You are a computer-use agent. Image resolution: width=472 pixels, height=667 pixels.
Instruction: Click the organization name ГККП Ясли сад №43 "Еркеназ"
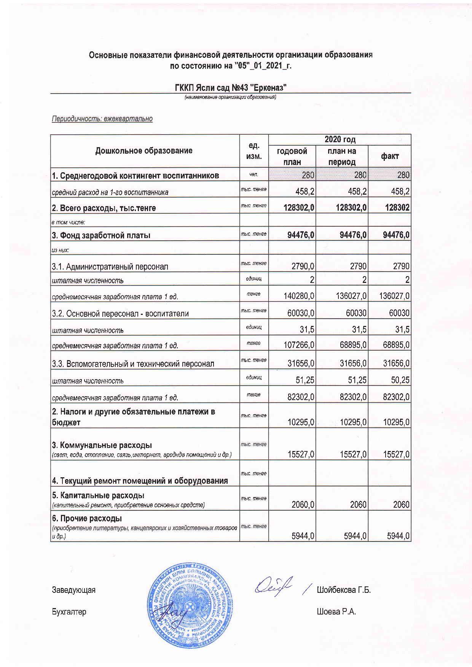coord(230,88)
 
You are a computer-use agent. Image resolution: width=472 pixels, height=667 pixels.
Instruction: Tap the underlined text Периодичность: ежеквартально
coord(102,119)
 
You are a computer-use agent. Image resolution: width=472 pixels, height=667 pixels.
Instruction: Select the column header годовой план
coord(292,156)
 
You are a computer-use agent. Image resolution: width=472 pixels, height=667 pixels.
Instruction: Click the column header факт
coord(389,156)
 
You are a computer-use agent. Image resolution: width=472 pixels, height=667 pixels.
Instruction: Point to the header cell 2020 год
coord(340,140)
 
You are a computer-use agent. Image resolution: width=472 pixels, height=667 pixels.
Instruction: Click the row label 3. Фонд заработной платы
coord(101,235)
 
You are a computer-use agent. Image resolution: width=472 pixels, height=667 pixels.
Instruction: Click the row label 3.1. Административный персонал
coord(110,267)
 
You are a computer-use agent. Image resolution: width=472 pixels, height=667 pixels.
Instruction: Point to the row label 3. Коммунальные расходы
coord(102,445)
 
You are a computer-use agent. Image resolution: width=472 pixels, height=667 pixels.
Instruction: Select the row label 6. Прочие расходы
coord(87,518)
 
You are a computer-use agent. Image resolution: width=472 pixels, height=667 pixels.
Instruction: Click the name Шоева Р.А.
coord(336,612)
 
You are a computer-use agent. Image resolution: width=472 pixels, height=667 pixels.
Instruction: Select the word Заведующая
coord(73,590)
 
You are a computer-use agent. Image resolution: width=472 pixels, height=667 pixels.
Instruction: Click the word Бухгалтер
coord(69,612)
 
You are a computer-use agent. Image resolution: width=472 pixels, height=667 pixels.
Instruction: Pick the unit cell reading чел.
coord(254,175)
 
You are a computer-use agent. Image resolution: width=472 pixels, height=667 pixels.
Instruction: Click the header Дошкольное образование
coord(144,151)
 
